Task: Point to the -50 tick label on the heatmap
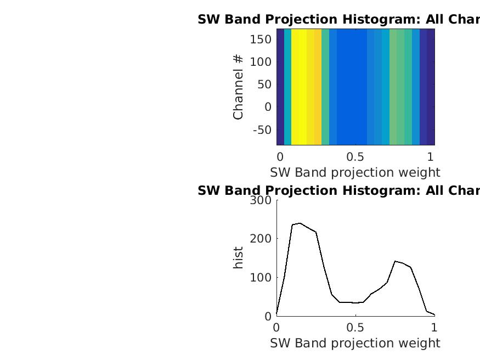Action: pyautogui.click(x=262, y=130)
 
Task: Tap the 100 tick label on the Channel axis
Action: pyautogui.click(x=261, y=62)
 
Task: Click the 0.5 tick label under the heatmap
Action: pyautogui.click(x=355, y=156)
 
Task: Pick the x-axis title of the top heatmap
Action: pyautogui.click(x=355, y=172)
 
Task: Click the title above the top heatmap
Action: pyautogui.click(x=338, y=20)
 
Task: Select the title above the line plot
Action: pyautogui.click(x=338, y=190)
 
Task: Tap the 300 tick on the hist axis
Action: pyautogui.click(x=261, y=200)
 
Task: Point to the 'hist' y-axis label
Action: pyautogui.click(x=238, y=258)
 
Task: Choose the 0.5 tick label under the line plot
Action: pyautogui.click(x=355, y=328)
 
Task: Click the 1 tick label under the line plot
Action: pyautogui.click(x=434, y=328)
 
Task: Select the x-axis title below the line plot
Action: pyautogui.click(x=355, y=343)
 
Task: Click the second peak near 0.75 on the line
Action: pyautogui.click(x=395, y=261)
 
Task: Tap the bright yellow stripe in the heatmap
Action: pyautogui.click(x=299, y=87)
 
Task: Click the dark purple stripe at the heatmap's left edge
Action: pyautogui.click(x=280, y=87)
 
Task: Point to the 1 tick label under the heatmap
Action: pyautogui.click(x=431, y=156)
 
